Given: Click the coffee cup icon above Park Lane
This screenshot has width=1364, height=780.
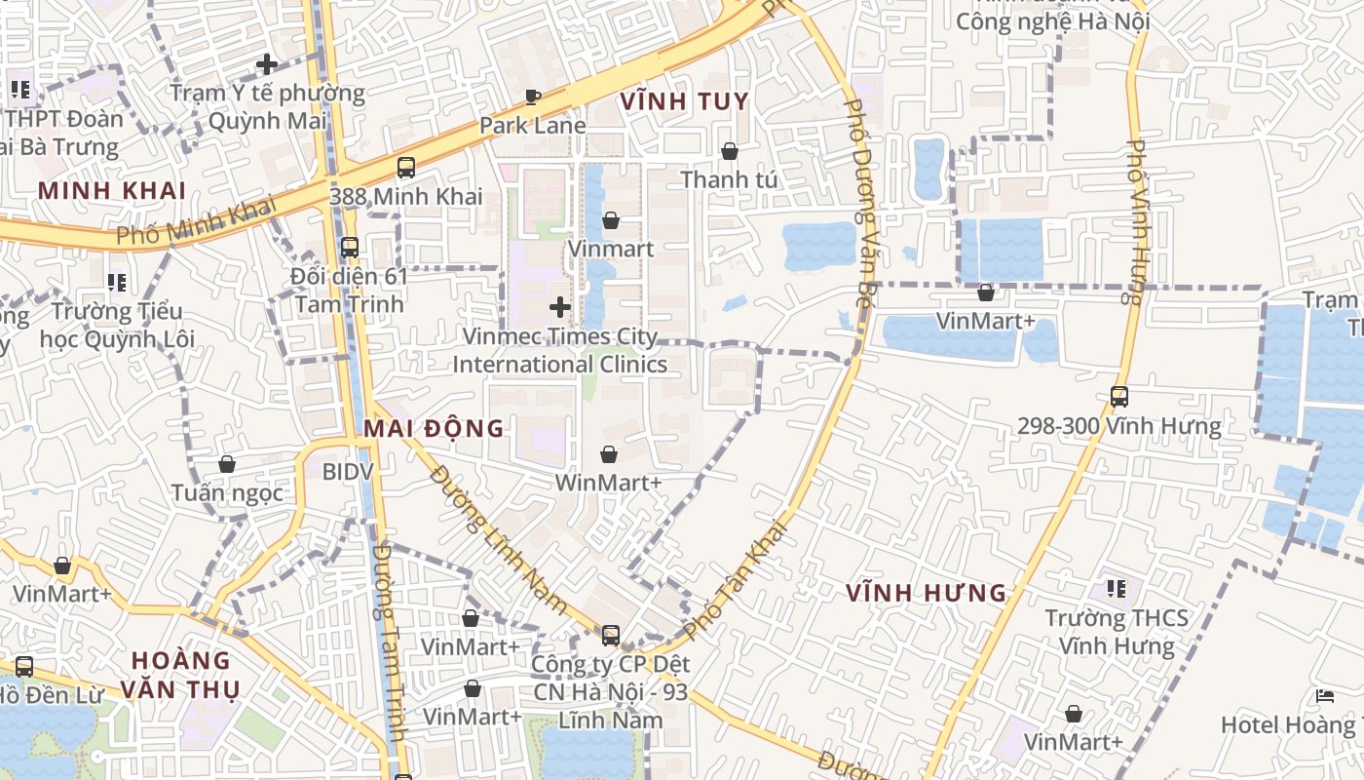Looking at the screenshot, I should (x=532, y=97).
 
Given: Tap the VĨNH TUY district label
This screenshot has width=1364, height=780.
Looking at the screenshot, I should (x=684, y=101).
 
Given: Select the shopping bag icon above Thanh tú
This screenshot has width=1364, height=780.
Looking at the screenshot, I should (x=729, y=151).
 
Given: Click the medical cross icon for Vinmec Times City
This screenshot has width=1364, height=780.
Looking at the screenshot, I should (x=559, y=307).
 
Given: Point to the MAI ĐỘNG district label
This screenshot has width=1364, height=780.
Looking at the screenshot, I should (x=434, y=428).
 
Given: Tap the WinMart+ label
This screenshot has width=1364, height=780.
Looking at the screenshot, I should (x=608, y=483).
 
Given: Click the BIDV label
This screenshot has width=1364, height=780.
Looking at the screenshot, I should (x=348, y=471).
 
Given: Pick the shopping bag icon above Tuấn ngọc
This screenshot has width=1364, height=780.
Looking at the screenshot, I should (x=227, y=464).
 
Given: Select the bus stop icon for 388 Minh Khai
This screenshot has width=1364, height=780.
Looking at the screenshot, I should (x=405, y=168).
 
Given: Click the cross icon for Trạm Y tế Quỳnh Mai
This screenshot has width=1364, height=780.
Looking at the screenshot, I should (x=266, y=65).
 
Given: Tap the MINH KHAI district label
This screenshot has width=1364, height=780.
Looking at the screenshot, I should (x=112, y=190).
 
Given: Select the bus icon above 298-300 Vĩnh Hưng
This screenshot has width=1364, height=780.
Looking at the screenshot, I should (x=1118, y=397).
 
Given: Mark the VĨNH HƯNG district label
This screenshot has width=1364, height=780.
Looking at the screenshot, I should (x=926, y=593).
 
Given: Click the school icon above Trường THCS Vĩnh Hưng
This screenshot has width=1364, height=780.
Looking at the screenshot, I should (x=1117, y=589).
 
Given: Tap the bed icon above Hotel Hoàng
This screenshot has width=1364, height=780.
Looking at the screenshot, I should (x=1324, y=696).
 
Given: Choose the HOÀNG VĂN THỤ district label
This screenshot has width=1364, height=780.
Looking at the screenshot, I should (x=180, y=675).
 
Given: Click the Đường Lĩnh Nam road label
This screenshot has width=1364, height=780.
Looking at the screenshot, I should (x=499, y=540).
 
